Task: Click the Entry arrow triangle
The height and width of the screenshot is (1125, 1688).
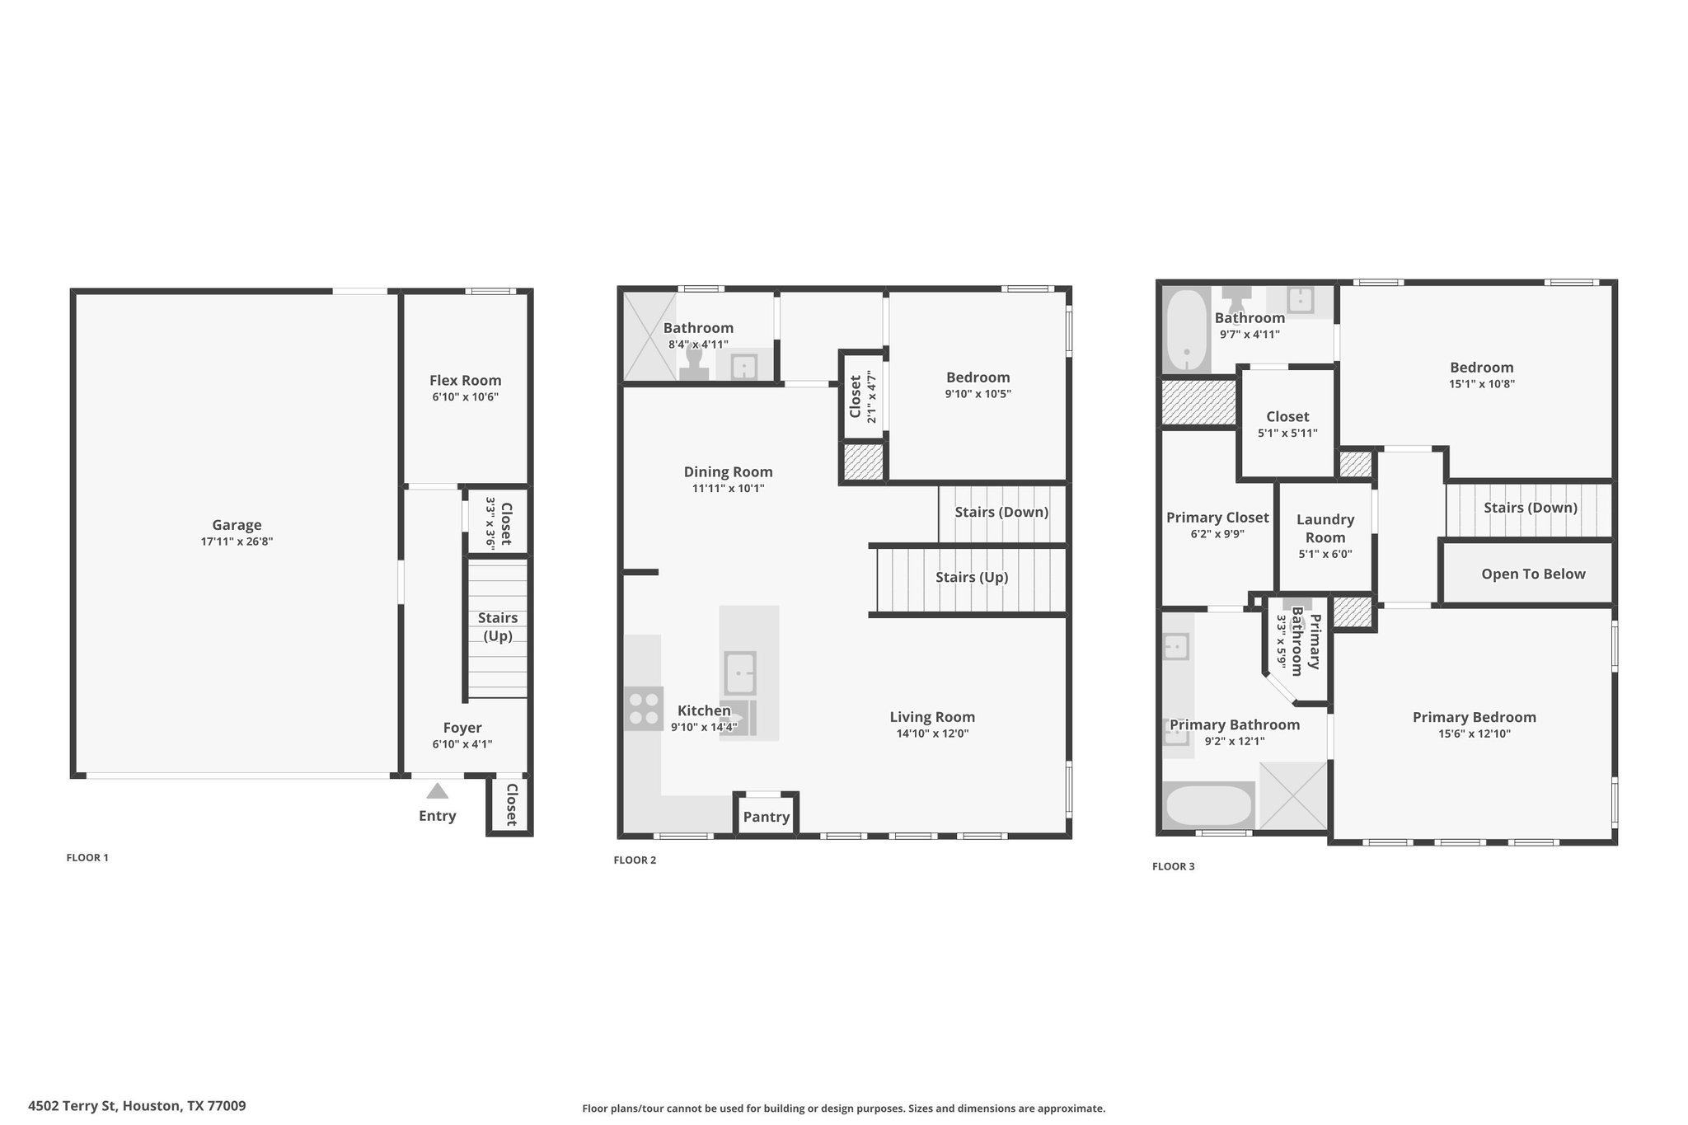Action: pyautogui.click(x=438, y=791)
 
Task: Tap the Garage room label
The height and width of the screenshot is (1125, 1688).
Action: pyautogui.click(x=237, y=525)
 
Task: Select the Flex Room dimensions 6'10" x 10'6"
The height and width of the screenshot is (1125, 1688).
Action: pyautogui.click(x=466, y=397)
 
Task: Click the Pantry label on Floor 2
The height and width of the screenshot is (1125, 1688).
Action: pyautogui.click(x=767, y=817)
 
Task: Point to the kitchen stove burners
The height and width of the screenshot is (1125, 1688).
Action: pyautogui.click(x=644, y=709)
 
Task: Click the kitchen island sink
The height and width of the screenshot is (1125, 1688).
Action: pyautogui.click(x=740, y=673)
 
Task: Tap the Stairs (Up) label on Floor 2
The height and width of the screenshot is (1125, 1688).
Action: pyautogui.click(x=972, y=577)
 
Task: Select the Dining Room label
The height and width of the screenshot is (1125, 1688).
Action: pyautogui.click(x=729, y=472)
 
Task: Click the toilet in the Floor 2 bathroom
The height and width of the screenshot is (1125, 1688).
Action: pyautogui.click(x=694, y=363)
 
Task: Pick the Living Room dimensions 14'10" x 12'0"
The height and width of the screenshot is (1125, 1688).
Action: pyautogui.click(x=932, y=734)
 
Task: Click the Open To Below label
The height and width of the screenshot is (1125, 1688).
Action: pyautogui.click(x=1533, y=574)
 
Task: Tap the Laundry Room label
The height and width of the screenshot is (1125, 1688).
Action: pyautogui.click(x=1325, y=528)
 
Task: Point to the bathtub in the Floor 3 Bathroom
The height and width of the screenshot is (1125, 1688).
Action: pyautogui.click(x=1186, y=330)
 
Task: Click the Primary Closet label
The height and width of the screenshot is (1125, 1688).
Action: pyautogui.click(x=1217, y=518)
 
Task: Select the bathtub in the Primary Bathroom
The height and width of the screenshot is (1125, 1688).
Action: pyautogui.click(x=1209, y=806)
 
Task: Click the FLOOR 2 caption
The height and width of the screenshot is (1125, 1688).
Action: pyautogui.click(x=635, y=860)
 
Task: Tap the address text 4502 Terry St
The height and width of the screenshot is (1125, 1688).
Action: pyautogui.click(x=73, y=1106)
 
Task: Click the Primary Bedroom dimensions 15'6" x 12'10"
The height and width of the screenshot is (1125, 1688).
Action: pyautogui.click(x=1475, y=734)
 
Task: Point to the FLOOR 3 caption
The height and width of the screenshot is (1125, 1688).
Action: pyautogui.click(x=1174, y=866)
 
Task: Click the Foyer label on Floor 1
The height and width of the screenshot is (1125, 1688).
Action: pyautogui.click(x=462, y=728)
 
